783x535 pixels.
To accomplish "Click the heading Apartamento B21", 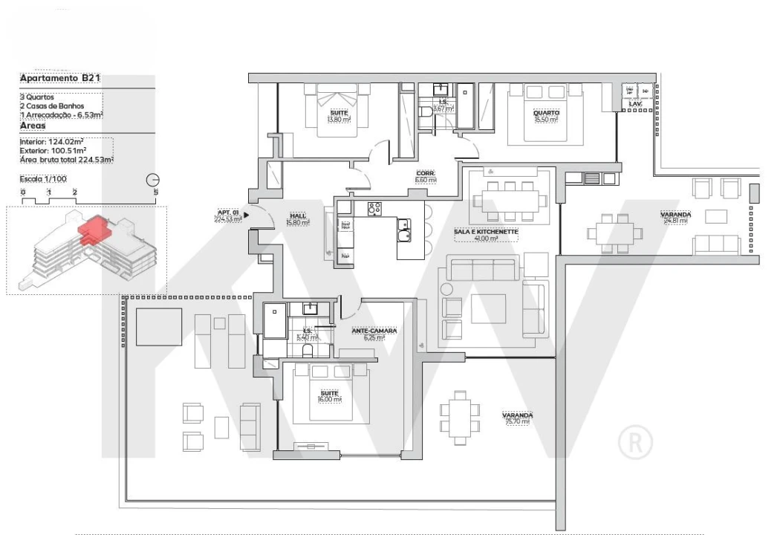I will coord(60,78).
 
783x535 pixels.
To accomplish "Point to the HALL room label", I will coord(298,218).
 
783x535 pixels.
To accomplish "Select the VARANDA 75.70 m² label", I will coord(517,418).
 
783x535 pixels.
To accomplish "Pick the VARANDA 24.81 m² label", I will coord(675,218).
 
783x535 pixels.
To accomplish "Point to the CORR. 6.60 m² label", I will coord(425,176).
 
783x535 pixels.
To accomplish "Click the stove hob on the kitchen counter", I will coord(374,209).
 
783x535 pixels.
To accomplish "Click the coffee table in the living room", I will coord(488,308).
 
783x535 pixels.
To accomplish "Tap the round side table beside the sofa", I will coord(446,288).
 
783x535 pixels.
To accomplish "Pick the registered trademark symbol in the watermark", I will coord(635,443).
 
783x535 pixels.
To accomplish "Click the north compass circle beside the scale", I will coord(153,180).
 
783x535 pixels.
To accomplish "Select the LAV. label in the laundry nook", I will coord(634,104).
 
